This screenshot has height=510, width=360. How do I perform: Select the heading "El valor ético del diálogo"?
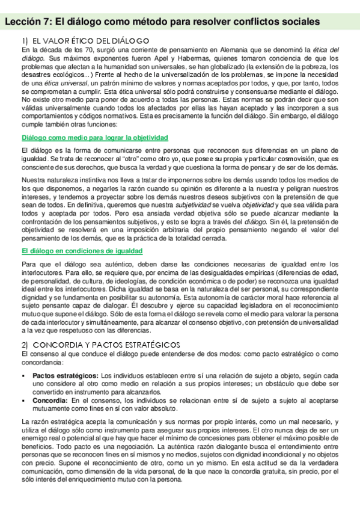pyautogui.click(x=84, y=40)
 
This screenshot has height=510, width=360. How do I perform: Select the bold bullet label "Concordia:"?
pyautogui.click(x=50, y=399)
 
